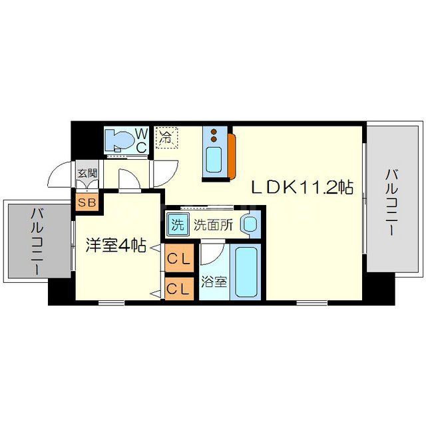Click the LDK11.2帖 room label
click(302, 188)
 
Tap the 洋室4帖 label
click(116, 244)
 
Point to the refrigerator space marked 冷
click(166, 138)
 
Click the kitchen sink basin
click(214, 160)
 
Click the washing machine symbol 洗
click(177, 224)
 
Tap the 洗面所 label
click(213, 225)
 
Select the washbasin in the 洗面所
click(250, 224)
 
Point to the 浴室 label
click(214, 282)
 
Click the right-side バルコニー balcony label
click(393, 202)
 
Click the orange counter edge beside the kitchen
click(232, 156)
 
